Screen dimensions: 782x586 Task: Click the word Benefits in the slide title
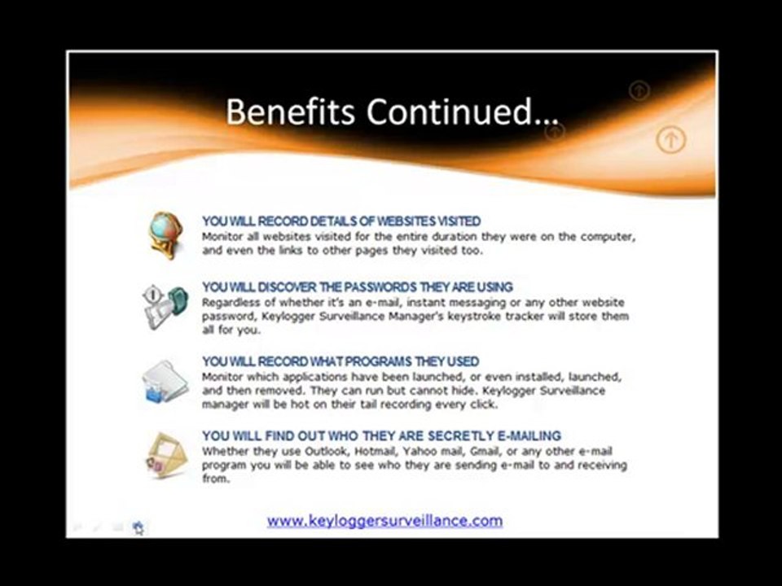click(x=290, y=112)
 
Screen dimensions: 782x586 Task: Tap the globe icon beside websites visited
click(x=166, y=235)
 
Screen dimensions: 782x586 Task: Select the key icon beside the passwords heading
click(x=165, y=307)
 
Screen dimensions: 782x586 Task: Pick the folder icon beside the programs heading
click(x=165, y=381)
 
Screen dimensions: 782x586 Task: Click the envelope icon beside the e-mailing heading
click(x=167, y=455)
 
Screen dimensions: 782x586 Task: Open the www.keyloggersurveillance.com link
click(x=384, y=521)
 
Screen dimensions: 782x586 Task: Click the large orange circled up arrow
click(x=670, y=140)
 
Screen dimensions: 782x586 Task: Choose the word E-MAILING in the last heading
click(x=529, y=435)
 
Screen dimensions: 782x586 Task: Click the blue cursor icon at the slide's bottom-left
click(x=138, y=527)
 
